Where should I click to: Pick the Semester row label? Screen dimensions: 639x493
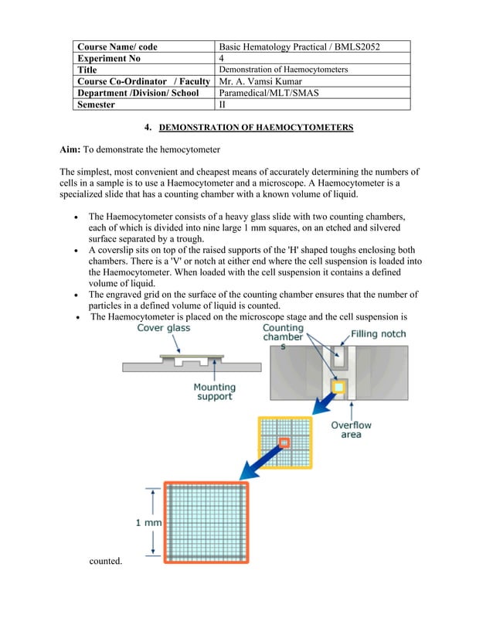click(96, 104)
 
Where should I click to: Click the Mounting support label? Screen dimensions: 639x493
click(214, 391)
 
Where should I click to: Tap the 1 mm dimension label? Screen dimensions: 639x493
click(148, 522)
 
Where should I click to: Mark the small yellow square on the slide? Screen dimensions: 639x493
click(337, 385)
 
